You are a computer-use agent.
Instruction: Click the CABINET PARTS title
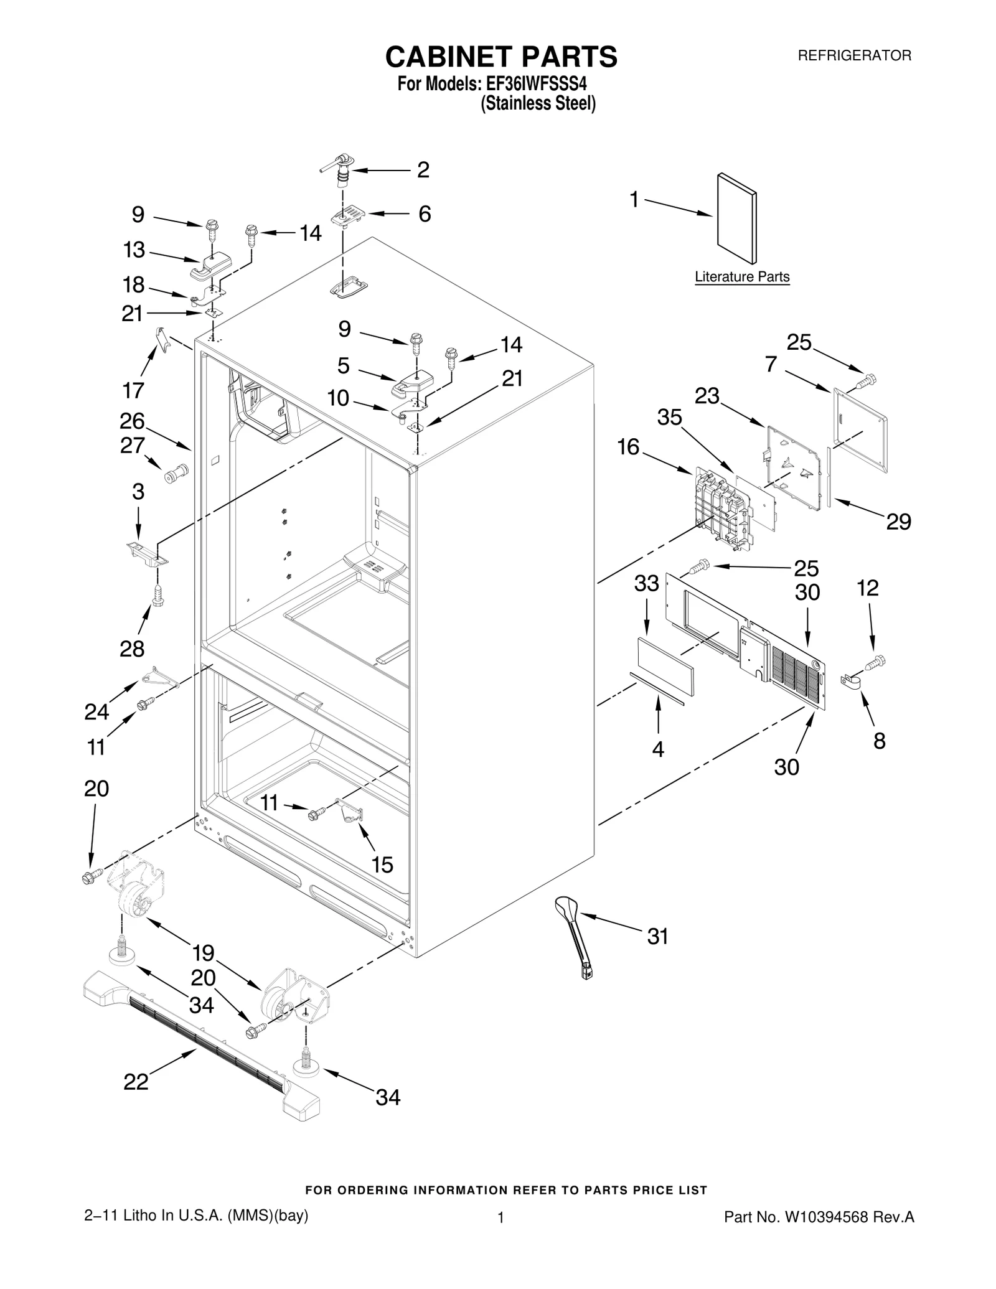coord(501,57)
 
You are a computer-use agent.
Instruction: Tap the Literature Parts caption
coord(742,276)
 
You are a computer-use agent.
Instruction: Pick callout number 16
coord(628,447)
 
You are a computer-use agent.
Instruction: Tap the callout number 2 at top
coord(423,170)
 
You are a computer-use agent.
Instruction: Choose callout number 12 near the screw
coord(868,588)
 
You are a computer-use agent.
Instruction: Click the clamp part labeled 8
coord(852,683)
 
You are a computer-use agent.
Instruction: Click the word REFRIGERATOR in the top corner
coord(854,55)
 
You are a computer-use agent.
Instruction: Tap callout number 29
coord(898,522)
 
